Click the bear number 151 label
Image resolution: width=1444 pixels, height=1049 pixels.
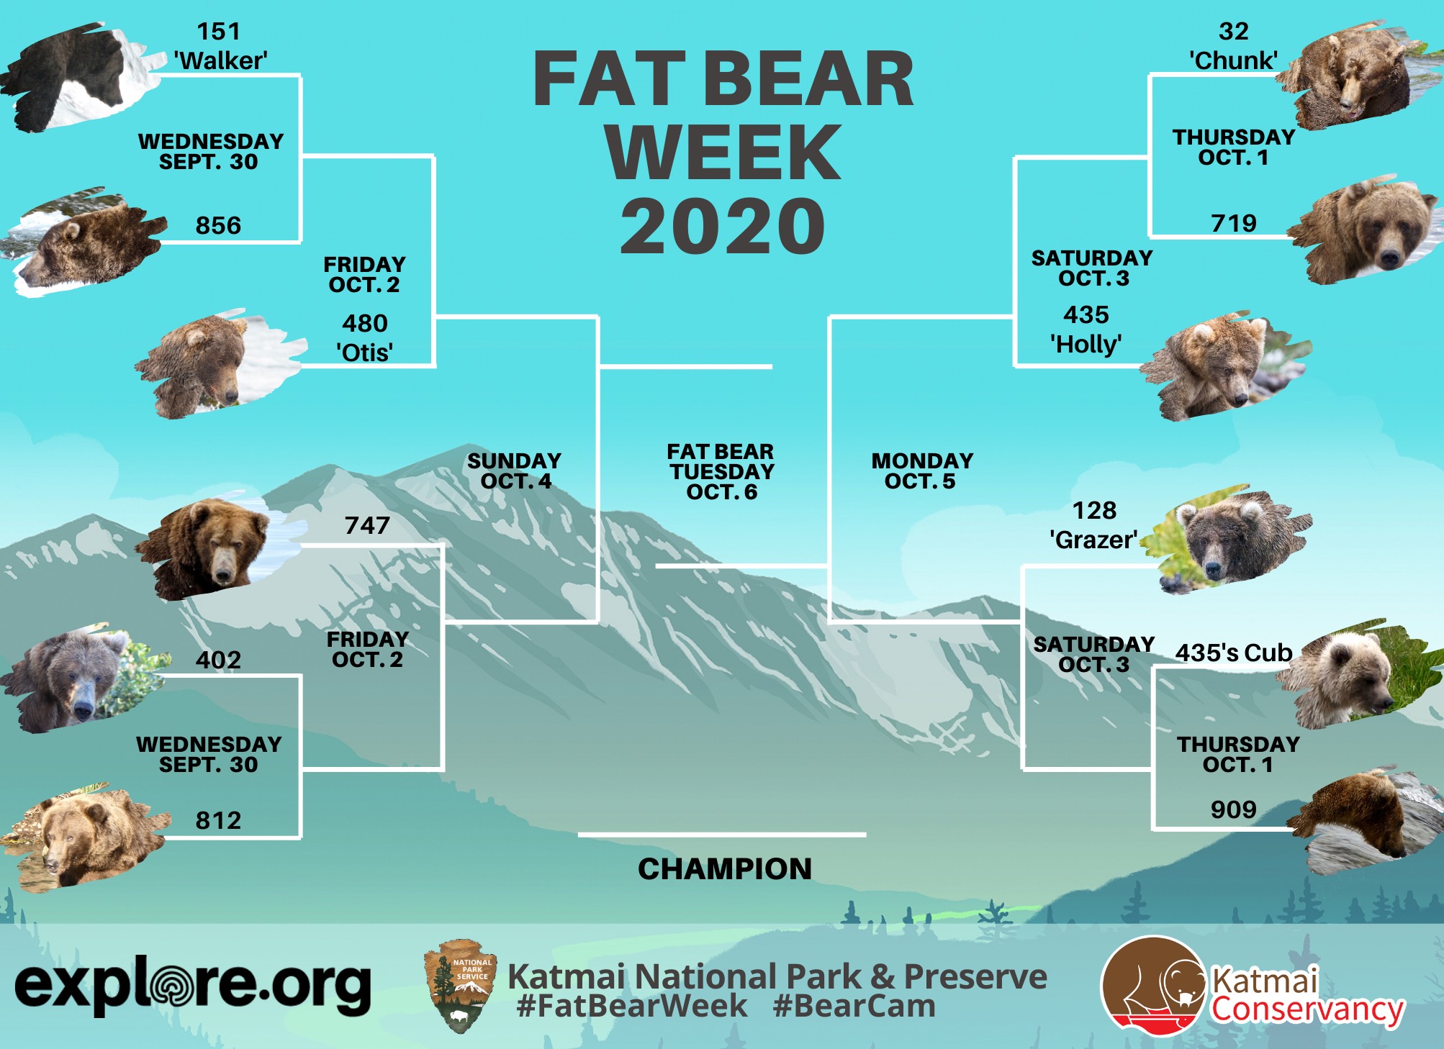tap(219, 32)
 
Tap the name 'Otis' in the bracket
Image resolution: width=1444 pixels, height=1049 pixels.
tap(365, 353)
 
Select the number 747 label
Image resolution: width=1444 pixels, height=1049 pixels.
tap(367, 525)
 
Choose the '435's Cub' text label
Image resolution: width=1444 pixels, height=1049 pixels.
tap(1234, 653)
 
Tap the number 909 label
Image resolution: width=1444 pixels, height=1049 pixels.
tap(1233, 809)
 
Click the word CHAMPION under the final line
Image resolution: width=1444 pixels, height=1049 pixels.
tap(725, 868)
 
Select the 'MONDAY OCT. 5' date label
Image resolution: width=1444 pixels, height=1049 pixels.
tap(922, 471)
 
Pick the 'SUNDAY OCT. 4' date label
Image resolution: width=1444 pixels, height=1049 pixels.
tap(515, 471)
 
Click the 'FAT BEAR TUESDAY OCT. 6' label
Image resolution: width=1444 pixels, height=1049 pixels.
tap(721, 471)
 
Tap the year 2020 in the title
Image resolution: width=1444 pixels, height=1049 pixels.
tap(723, 227)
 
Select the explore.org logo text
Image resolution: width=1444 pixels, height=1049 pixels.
tap(193, 986)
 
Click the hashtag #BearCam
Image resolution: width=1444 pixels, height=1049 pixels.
tap(854, 1006)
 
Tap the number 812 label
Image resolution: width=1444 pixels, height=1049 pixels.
tap(218, 820)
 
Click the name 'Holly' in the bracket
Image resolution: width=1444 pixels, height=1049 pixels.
tap(1086, 344)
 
